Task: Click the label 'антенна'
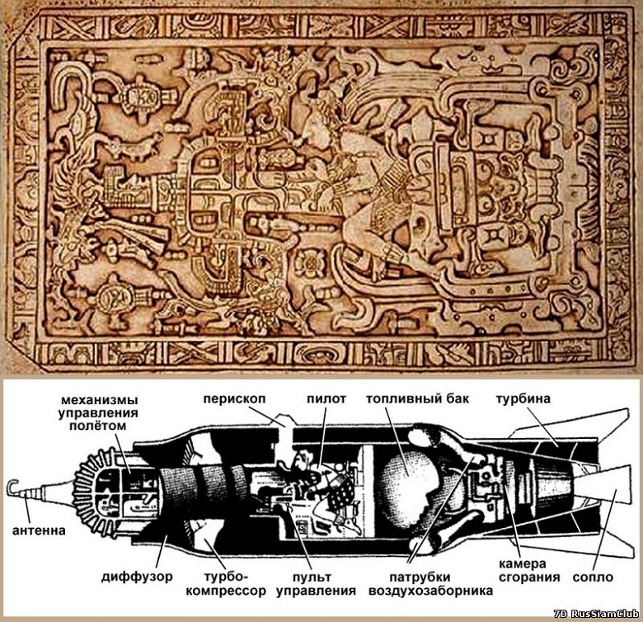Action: pyautogui.click(x=39, y=530)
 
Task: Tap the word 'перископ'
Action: pyautogui.click(x=235, y=398)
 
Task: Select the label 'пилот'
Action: pyautogui.click(x=326, y=398)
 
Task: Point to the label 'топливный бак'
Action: pyautogui.click(x=417, y=398)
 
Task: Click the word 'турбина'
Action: pyautogui.click(x=523, y=398)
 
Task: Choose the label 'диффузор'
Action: pyautogui.click(x=137, y=577)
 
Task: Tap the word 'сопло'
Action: pyautogui.click(x=593, y=577)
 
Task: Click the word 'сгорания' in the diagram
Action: pyautogui.click(x=529, y=577)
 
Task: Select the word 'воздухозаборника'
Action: pyautogui.click(x=430, y=591)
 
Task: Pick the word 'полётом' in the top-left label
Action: pyautogui.click(x=98, y=426)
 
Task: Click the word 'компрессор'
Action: pyautogui.click(x=226, y=591)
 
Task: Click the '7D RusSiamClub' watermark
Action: pyautogui.click(x=596, y=615)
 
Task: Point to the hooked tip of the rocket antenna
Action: pyautogui.click(x=12, y=484)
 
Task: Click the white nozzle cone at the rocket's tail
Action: pyautogui.click(x=602, y=484)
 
